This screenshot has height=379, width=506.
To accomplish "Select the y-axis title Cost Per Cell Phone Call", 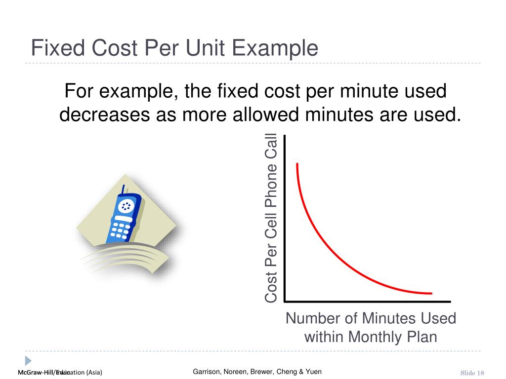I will [271, 218].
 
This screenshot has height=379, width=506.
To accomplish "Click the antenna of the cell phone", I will [123, 190].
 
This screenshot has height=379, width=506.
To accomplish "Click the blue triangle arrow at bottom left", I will [28, 361].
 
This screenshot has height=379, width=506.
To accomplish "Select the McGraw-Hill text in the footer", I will [37, 373].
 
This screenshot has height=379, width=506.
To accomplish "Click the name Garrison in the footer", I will [207, 372].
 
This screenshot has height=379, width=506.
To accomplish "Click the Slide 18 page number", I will [472, 373].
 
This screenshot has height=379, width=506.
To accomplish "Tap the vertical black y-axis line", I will [284, 217].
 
